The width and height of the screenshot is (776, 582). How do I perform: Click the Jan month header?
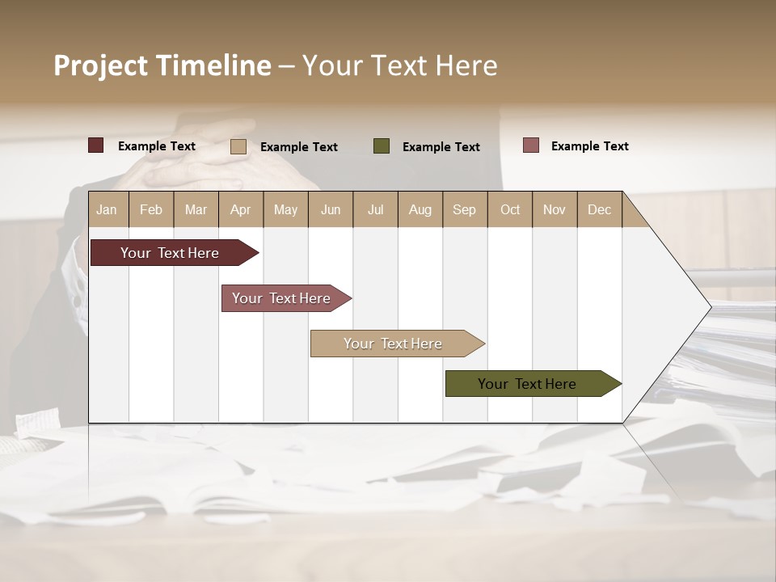[108, 209]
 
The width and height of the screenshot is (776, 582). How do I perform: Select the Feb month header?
[151, 209]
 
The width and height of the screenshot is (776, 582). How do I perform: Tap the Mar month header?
[196, 209]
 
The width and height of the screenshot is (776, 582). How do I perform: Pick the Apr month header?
[241, 209]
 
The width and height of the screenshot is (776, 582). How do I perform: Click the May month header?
[285, 209]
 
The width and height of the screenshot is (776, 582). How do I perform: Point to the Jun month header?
[331, 209]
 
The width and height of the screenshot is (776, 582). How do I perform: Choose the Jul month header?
[375, 209]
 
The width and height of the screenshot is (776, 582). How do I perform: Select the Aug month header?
[420, 209]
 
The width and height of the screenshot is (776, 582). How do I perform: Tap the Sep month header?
[465, 209]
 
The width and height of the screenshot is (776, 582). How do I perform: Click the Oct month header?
[510, 209]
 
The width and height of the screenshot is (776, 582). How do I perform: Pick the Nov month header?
[555, 209]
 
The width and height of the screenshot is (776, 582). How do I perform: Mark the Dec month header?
[600, 209]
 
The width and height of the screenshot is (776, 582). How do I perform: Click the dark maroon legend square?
[96, 145]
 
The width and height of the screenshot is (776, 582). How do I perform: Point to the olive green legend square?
[382, 145]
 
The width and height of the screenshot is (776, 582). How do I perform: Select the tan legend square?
[238, 146]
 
